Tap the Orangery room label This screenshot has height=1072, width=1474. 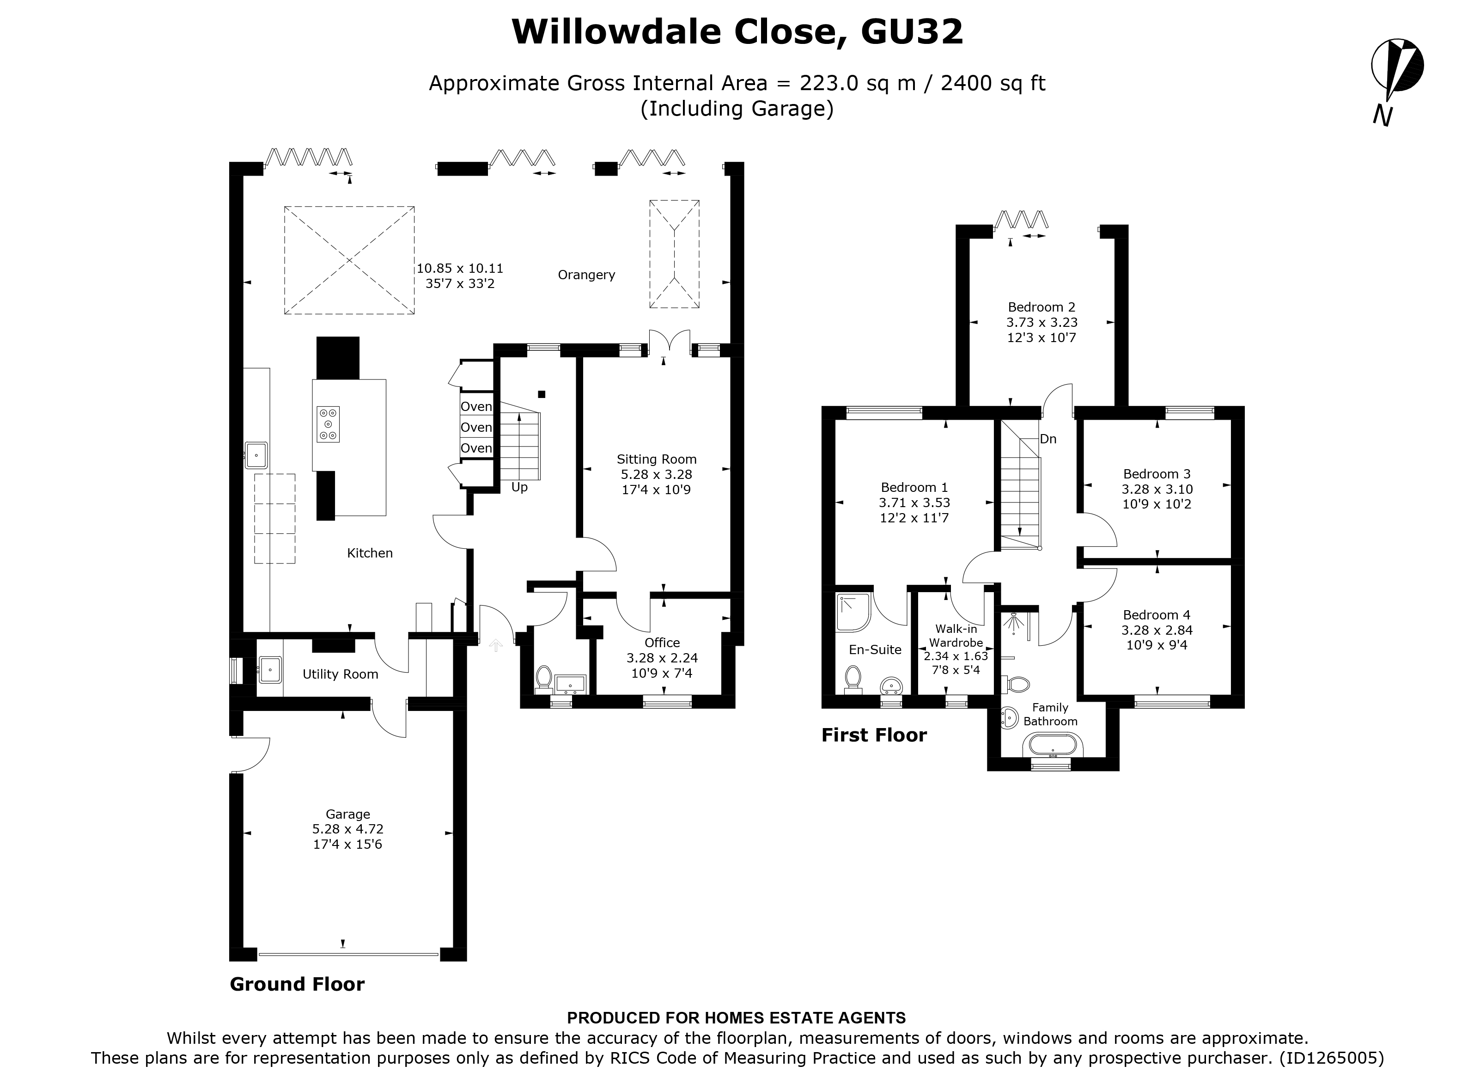click(586, 275)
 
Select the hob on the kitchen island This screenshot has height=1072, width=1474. click(328, 424)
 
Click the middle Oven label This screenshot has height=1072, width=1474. click(476, 428)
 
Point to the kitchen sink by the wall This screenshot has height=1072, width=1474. click(256, 455)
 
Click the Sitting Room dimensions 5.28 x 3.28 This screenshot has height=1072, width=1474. click(657, 475)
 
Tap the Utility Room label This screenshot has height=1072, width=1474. click(340, 674)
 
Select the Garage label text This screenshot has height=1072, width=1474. click(347, 814)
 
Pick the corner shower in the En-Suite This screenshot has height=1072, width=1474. click(852, 612)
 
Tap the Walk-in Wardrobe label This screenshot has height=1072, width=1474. click(956, 636)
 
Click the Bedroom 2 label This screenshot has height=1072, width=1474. click(1041, 307)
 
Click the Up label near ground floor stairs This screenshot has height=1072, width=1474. click(519, 487)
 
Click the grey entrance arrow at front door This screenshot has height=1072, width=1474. click(496, 645)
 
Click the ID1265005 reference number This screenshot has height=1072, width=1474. click(1330, 1058)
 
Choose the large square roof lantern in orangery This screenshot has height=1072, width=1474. click(349, 260)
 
